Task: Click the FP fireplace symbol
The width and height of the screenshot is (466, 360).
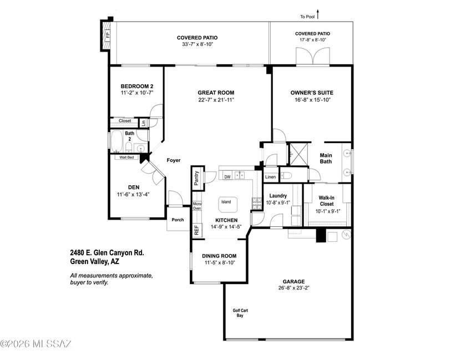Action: [x=107, y=36]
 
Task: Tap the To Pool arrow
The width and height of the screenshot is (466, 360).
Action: [x=318, y=14]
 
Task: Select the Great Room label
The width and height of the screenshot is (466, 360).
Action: [x=216, y=93]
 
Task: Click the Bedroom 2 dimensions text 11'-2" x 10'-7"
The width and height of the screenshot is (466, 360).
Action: [x=136, y=93]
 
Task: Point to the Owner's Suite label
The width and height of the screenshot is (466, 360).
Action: [x=312, y=93]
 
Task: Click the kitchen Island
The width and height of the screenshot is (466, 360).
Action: [x=228, y=204]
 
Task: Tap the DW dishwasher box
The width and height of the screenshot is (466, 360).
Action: [x=227, y=176]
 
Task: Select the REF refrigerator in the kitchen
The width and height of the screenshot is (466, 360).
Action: [x=196, y=230]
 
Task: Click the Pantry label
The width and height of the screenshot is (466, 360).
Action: [x=196, y=178]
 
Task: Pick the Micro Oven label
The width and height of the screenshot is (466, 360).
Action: [x=197, y=206]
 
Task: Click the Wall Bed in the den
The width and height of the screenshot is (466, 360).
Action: [x=126, y=158]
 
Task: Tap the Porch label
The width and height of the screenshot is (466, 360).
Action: [x=178, y=220]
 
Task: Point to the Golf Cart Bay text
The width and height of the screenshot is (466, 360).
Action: [x=240, y=313]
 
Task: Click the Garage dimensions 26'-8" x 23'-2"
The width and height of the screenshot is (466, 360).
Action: [x=293, y=287]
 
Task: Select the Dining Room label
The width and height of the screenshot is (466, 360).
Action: [x=219, y=256]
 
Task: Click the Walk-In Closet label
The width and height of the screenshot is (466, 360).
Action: [x=326, y=201]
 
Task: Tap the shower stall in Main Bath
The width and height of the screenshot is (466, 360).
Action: [x=298, y=154]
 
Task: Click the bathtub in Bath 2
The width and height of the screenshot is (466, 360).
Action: [x=116, y=141]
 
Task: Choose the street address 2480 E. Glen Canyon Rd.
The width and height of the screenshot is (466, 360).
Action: [x=107, y=253]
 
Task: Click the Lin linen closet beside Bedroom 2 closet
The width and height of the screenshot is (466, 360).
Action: [x=143, y=122]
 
